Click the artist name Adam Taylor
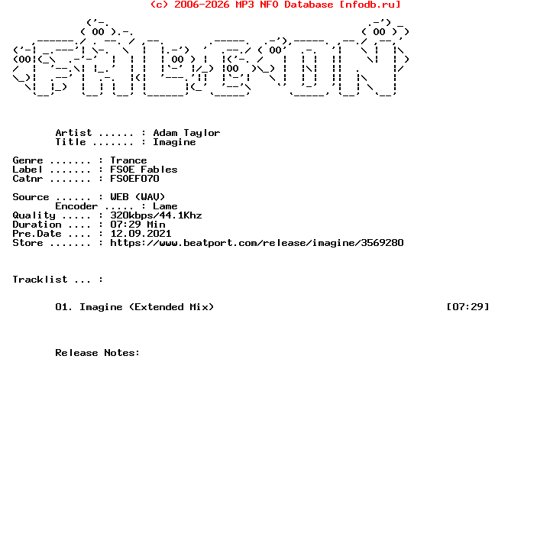(186, 133)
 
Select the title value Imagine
(174, 142)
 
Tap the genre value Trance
(128, 160)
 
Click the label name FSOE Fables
(144, 170)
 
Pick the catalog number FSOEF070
(134, 179)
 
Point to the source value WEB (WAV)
(137, 197)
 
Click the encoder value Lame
(165, 206)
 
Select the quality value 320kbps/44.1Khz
(156, 215)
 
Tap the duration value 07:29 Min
(137, 225)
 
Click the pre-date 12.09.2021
(141, 234)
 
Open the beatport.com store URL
(257, 243)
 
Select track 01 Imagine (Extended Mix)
(134, 307)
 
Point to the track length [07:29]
(467, 307)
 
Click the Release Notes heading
(98, 353)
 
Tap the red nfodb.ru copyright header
(275, 5)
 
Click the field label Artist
(73, 133)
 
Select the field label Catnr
(27, 179)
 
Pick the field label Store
(27, 243)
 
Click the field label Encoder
(76, 206)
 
